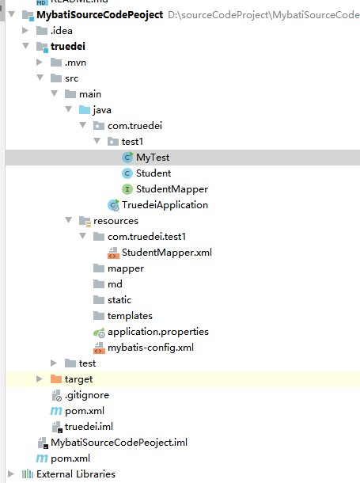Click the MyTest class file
pos(153,158)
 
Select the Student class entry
pos(153,173)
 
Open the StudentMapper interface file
pos(172,189)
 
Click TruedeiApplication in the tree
pos(165,205)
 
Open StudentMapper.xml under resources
pos(167,253)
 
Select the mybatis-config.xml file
pos(151,348)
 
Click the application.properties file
pos(158,332)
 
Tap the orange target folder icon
pos(56,379)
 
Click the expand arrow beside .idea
pos(25,31)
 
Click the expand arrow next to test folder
pos(54,363)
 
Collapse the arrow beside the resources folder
pos(68,220)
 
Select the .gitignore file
pos(87,395)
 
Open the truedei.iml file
pos(89,427)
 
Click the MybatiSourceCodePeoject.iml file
pos(119,443)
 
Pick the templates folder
pos(130,316)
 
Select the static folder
pos(119,300)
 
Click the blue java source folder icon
pos(85,109)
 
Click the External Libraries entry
pos(76,474)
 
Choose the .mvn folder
pos(75,63)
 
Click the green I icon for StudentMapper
pos(127,189)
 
